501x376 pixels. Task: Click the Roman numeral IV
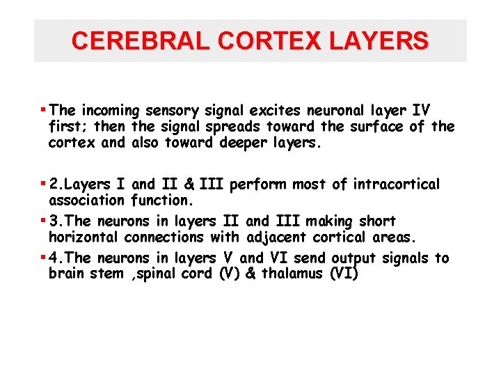click(x=422, y=110)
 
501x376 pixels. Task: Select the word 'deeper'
click(x=244, y=142)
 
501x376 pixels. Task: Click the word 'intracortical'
click(x=397, y=185)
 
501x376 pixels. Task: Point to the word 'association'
click(x=87, y=201)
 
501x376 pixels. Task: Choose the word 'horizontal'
click(x=83, y=237)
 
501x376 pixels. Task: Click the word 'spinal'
click(x=157, y=274)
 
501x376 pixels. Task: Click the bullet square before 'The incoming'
click(x=45, y=109)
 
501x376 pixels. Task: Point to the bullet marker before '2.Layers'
click(x=45, y=183)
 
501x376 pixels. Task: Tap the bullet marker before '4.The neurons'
click(x=45, y=257)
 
